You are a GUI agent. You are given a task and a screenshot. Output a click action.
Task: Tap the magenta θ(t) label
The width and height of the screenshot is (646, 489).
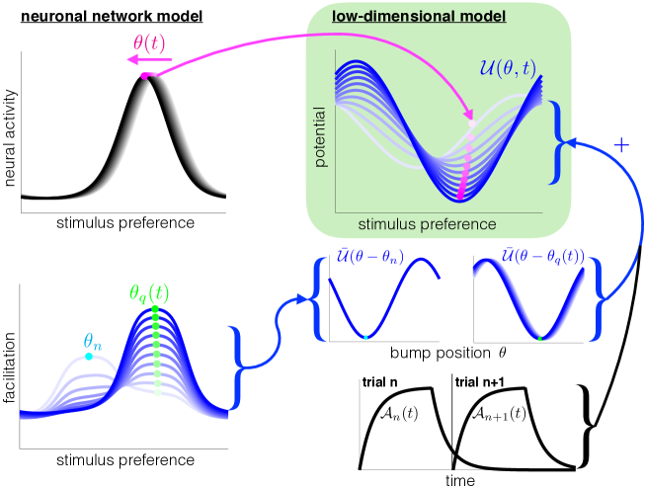click(x=149, y=41)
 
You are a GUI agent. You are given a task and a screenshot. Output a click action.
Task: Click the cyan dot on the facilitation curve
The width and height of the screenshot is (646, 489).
click(x=89, y=357)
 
